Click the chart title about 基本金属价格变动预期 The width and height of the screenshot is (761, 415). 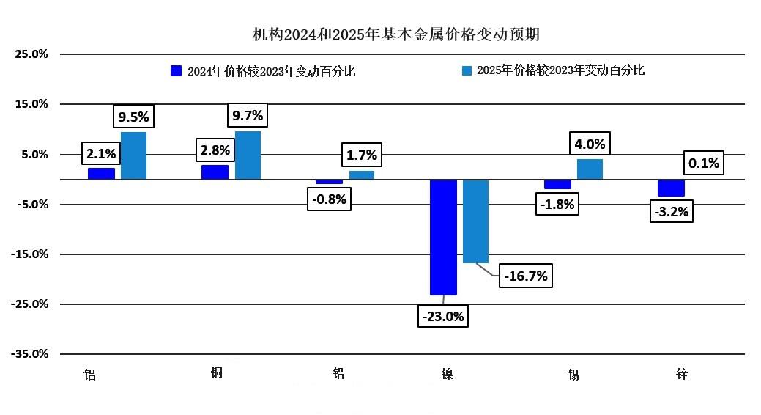point(396,34)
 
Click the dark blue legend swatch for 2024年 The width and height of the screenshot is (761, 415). point(176,70)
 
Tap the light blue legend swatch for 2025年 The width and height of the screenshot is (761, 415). point(466,70)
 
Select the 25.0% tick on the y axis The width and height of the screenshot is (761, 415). point(32,54)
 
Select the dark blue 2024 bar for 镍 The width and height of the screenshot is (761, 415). point(443,237)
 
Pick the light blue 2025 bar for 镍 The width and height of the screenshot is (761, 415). point(475,221)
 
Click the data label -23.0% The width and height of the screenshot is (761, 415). point(443,317)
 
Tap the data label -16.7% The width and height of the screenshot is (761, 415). point(524,276)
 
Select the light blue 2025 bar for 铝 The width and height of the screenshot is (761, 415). point(133,155)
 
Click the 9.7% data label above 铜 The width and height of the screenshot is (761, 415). point(247,115)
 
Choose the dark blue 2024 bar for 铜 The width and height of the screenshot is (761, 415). point(215,172)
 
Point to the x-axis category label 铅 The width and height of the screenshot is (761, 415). point(338,374)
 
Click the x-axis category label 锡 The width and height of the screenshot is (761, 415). point(573,375)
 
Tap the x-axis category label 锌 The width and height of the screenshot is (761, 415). point(681,375)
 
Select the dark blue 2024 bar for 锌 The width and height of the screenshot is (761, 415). point(671,188)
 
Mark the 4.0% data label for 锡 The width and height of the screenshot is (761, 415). point(590,144)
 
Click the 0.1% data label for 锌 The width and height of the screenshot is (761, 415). point(704,163)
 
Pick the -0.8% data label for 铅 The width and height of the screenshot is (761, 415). point(329,199)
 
